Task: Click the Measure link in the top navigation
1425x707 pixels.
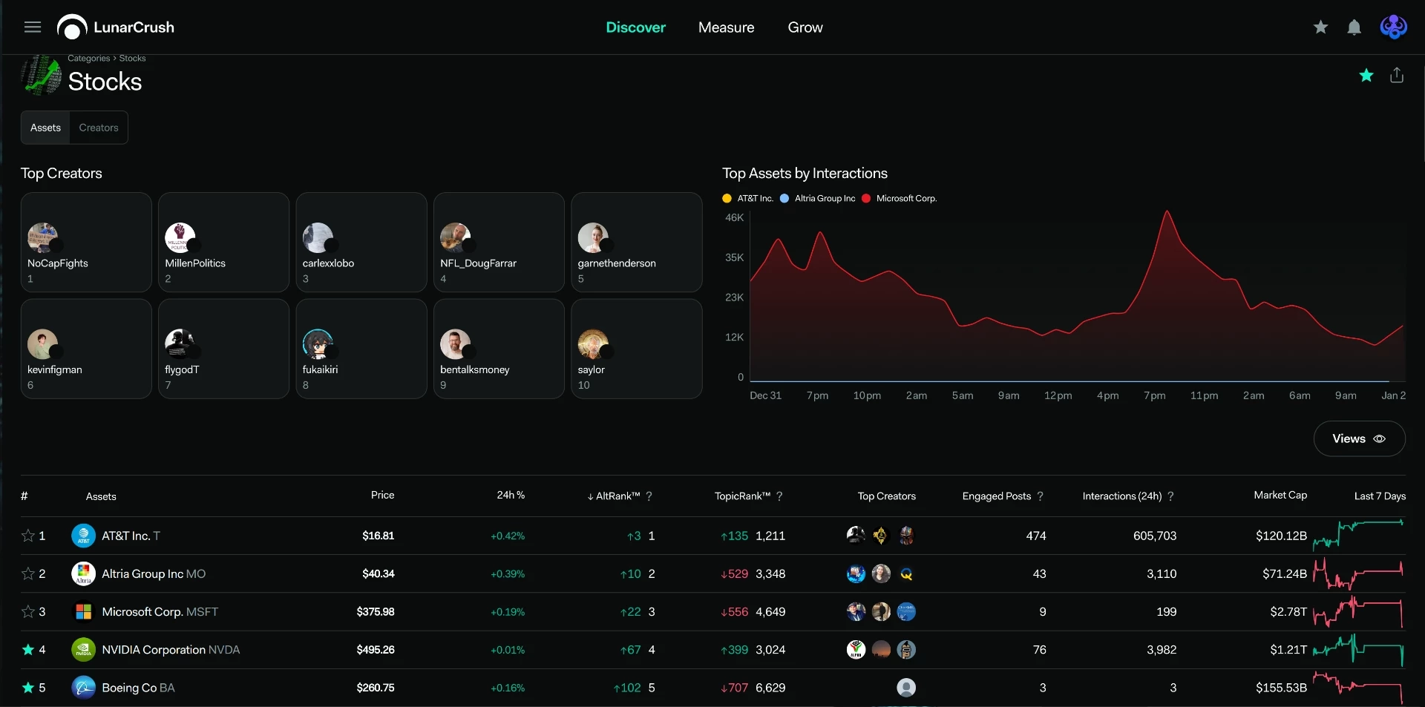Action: click(x=726, y=27)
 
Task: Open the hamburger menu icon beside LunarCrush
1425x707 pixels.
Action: click(x=33, y=27)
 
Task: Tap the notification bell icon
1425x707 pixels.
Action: click(x=1354, y=27)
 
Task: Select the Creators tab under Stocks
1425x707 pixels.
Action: click(x=99, y=128)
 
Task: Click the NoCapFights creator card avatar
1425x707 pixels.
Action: click(x=42, y=237)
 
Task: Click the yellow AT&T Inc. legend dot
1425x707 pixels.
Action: click(x=727, y=199)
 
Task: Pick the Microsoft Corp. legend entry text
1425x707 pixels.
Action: click(x=906, y=199)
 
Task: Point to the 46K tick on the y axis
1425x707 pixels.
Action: click(x=734, y=217)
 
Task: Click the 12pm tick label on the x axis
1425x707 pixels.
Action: click(x=1058, y=395)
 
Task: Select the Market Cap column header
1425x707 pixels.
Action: click(x=1280, y=495)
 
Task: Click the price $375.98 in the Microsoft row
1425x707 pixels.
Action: click(x=376, y=612)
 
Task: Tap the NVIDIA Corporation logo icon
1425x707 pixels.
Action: click(x=83, y=650)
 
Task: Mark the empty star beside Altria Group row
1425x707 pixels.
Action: click(x=28, y=573)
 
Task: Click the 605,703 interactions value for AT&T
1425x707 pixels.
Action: click(x=1155, y=536)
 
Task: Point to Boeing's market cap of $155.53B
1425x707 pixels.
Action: click(x=1281, y=688)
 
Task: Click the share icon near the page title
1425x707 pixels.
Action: click(x=1397, y=75)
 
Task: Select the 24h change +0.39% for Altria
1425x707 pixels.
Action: click(x=508, y=574)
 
